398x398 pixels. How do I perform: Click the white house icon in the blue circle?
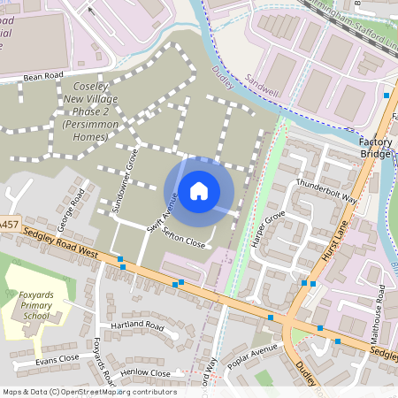pos(199,190)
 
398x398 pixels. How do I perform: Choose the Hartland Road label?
pos(137,325)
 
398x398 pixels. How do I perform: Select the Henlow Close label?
pos(146,373)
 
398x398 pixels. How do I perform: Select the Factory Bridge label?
pos(379,149)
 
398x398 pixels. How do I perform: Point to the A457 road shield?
pos(9,226)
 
